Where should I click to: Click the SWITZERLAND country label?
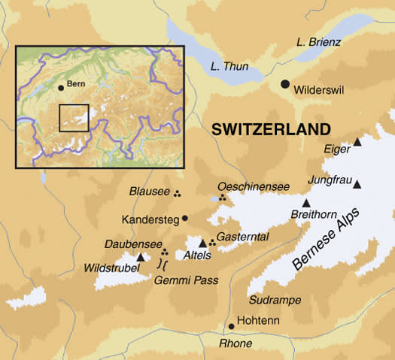[x=271, y=129]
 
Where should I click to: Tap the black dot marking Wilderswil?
[x=285, y=84]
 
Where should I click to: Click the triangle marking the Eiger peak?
[x=357, y=142]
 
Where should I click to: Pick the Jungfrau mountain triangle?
[x=357, y=184]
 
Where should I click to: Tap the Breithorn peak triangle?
[x=306, y=203]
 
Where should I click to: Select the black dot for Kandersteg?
[x=185, y=219]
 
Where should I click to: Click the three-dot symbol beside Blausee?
[x=178, y=193]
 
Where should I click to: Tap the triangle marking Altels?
[x=202, y=243]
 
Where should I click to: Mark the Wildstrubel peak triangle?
[x=140, y=256]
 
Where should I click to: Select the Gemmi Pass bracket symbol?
[x=162, y=264]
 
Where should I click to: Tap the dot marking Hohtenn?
[x=231, y=326]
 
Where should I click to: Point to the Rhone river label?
[x=235, y=343]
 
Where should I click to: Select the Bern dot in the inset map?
[x=61, y=87]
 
